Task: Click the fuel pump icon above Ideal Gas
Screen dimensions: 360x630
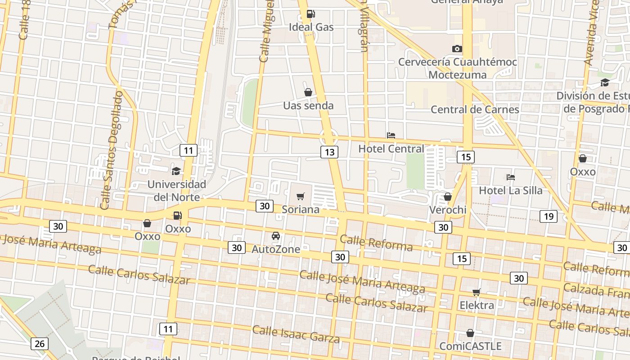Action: click(x=310, y=14)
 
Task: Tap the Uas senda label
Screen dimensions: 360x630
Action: click(x=308, y=106)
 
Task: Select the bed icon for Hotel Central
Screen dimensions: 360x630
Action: click(x=391, y=135)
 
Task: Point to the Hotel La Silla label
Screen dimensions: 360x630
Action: click(x=510, y=190)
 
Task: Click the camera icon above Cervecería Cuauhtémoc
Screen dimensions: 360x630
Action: click(x=457, y=49)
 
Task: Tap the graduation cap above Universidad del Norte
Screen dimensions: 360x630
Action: click(x=176, y=171)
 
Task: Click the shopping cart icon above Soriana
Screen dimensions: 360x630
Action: click(x=300, y=196)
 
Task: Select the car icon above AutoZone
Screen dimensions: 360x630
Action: click(x=276, y=236)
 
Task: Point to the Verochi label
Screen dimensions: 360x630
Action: click(x=447, y=210)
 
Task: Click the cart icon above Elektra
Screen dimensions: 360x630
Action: click(x=477, y=292)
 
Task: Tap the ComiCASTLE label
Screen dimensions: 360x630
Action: click(x=470, y=346)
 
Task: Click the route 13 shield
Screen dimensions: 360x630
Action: click(x=329, y=152)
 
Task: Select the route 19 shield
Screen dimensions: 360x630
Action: click(x=549, y=216)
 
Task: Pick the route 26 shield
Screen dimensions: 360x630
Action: click(x=39, y=344)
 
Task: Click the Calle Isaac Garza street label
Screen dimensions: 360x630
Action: click(x=296, y=333)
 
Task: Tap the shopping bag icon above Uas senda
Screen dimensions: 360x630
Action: click(x=308, y=92)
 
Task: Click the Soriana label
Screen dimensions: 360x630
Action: click(x=300, y=209)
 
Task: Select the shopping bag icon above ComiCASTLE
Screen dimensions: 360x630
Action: click(x=470, y=333)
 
